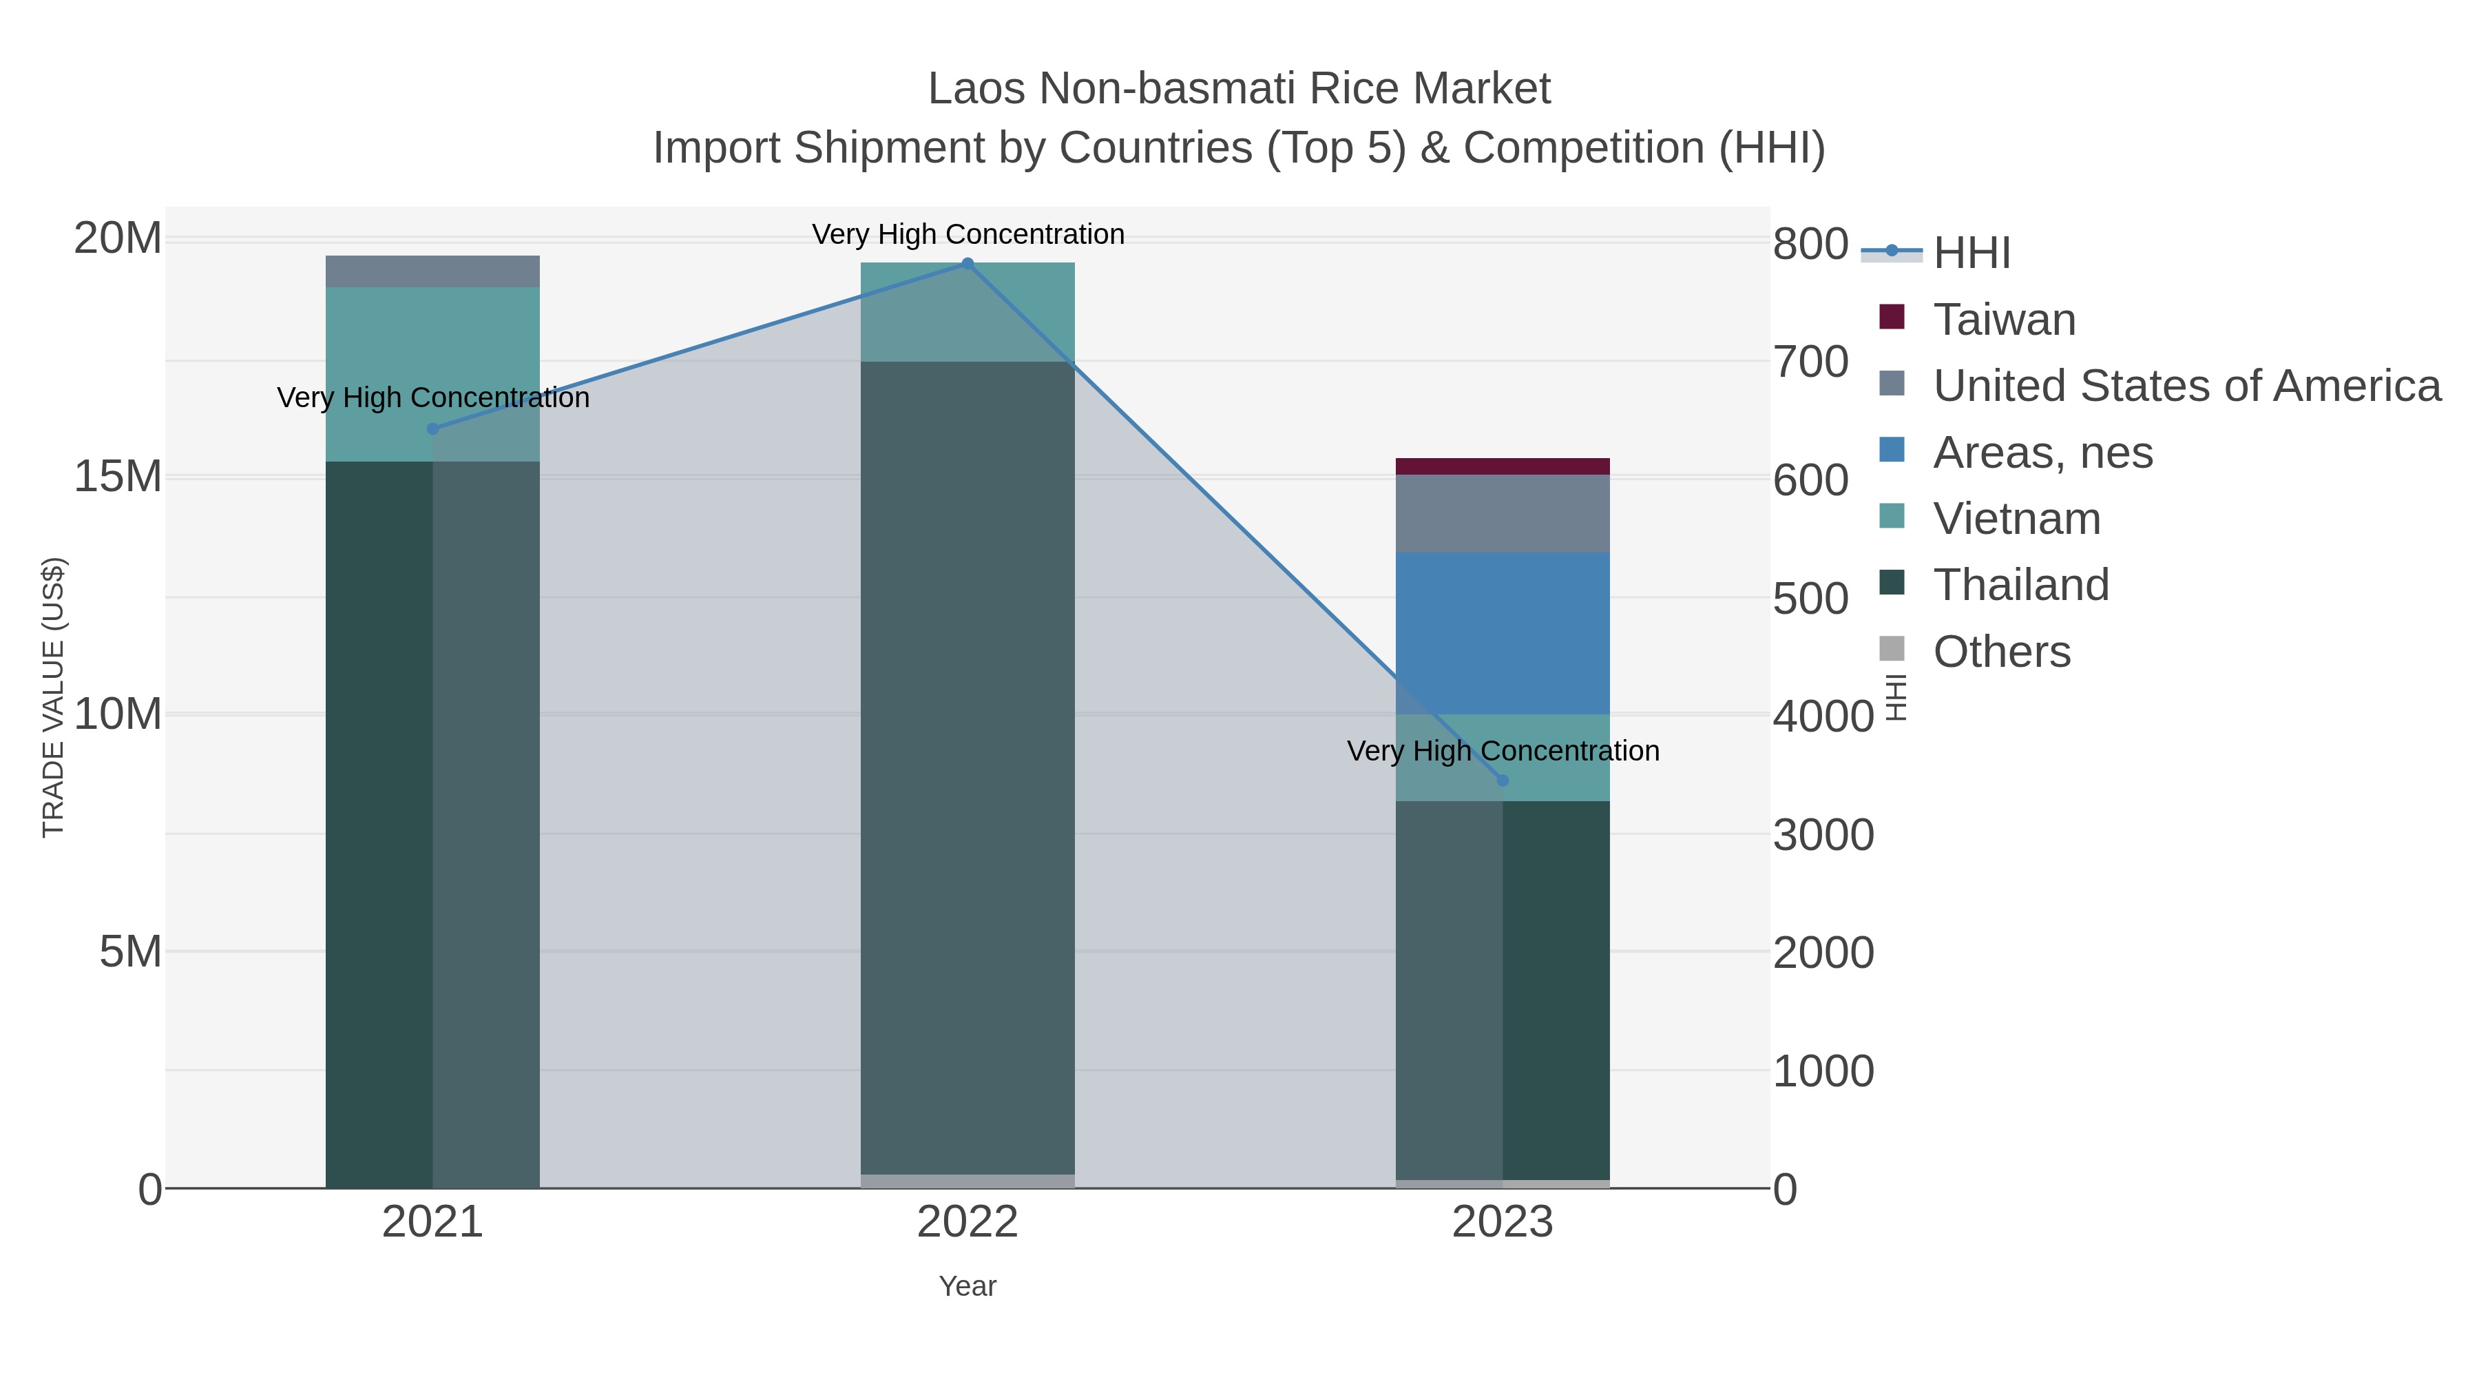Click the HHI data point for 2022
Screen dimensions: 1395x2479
(x=967, y=263)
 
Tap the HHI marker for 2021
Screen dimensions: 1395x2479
(x=432, y=428)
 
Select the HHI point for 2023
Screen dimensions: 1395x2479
(x=1503, y=781)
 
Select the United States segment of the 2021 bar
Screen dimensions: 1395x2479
(x=432, y=271)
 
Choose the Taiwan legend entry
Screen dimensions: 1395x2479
(x=2004, y=320)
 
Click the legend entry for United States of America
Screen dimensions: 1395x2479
(x=2186, y=386)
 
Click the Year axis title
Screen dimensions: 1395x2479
(x=967, y=1286)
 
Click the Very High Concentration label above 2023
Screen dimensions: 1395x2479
(x=1503, y=751)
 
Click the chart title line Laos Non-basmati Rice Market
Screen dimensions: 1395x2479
(x=1239, y=90)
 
